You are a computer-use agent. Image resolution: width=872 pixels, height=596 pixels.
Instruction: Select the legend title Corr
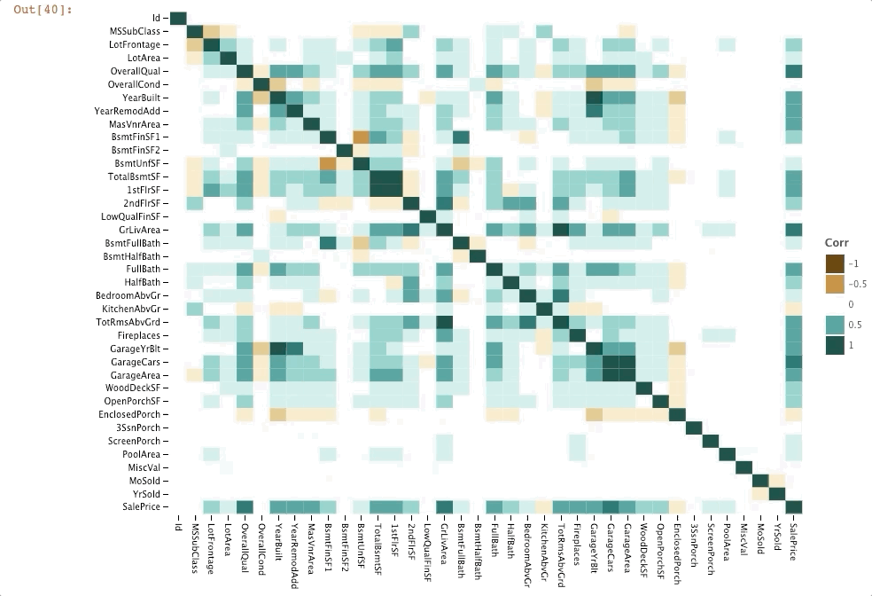[x=837, y=242]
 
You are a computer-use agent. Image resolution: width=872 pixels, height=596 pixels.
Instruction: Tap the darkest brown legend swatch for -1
[x=835, y=263]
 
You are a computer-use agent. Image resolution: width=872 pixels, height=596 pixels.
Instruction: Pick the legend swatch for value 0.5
[x=835, y=325]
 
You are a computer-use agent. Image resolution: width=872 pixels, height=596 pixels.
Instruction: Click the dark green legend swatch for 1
[x=835, y=346]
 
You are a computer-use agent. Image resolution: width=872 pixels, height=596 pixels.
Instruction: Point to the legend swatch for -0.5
[x=835, y=284]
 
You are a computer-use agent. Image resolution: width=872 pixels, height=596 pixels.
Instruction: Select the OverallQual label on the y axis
[x=136, y=71]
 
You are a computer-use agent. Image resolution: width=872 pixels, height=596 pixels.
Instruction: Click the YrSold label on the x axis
[x=777, y=533]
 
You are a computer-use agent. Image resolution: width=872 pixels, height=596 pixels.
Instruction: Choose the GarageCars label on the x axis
[x=611, y=541]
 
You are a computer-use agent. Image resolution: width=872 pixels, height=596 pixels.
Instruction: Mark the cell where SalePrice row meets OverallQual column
[x=245, y=506]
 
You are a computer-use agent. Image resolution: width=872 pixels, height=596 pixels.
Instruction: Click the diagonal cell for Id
[x=178, y=19]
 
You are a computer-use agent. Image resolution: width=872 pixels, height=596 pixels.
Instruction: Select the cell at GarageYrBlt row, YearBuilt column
[x=278, y=349]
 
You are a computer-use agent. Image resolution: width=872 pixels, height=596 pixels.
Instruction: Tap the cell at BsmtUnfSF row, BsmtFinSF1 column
[x=328, y=163]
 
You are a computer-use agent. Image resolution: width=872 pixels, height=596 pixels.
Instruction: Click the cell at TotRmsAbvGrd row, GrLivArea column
[x=444, y=322]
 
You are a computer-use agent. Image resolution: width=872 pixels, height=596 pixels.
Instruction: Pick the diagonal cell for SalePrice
[x=793, y=506]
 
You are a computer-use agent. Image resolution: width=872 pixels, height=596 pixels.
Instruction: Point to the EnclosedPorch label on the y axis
[x=130, y=414]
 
